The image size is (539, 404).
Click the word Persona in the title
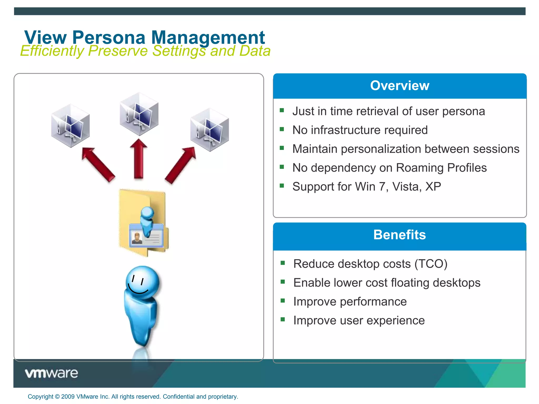coord(109,38)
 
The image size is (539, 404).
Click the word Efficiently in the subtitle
coord(52,51)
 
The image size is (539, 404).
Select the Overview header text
coord(400,86)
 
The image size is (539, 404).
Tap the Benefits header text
coord(399,235)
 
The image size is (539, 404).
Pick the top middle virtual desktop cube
coord(139,114)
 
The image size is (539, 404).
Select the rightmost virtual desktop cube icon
coord(209,130)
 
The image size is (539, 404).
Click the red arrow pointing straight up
coord(139,159)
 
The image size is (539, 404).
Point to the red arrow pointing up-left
coord(98,164)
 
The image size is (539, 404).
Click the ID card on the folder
coord(146,235)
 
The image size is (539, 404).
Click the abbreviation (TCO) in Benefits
coord(431,264)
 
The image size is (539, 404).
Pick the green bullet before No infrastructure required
coord(282,129)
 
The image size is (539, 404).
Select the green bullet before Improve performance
coord(283,301)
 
